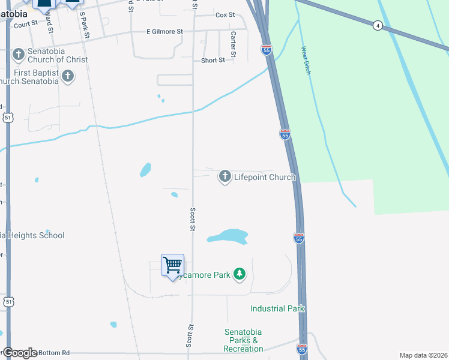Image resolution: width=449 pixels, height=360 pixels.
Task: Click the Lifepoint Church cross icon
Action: (x=225, y=176)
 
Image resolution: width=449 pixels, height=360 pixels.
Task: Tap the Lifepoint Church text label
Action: (x=265, y=177)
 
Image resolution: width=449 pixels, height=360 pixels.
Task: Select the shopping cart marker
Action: (x=173, y=265)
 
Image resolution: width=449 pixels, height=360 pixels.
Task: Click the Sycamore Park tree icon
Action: (x=240, y=274)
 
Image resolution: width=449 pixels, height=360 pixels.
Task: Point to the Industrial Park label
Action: (x=278, y=308)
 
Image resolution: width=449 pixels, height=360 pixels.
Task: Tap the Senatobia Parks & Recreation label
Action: (x=244, y=340)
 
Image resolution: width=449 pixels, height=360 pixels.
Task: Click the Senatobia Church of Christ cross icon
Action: (x=18, y=55)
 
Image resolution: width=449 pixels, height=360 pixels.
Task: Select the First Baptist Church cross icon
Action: (x=68, y=76)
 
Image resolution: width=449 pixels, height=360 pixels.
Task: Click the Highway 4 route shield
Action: (x=377, y=25)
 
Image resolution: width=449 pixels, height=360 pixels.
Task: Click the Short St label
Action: (x=213, y=60)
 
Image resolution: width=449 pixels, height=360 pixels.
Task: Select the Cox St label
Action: (x=224, y=14)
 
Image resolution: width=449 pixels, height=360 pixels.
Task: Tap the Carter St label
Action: (x=233, y=46)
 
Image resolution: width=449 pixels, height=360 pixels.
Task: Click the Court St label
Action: (x=26, y=25)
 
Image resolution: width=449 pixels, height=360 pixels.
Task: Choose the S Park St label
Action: (x=85, y=25)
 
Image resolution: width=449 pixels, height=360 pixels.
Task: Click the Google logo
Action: (x=20, y=353)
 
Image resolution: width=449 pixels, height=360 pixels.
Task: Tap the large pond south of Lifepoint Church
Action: (x=228, y=236)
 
